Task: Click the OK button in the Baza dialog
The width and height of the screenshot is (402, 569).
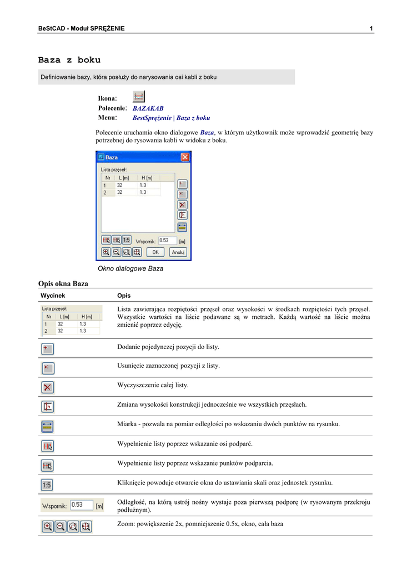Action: (155, 252)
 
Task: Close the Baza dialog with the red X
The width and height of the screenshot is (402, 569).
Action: (185, 158)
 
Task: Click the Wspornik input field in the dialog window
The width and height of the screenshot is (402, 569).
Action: (167, 241)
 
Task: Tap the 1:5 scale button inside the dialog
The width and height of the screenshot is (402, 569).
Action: (126, 240)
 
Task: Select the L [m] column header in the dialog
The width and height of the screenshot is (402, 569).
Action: (123, 178)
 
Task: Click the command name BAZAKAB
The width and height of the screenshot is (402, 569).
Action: (148, 108)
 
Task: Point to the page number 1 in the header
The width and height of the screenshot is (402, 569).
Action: (371, 28)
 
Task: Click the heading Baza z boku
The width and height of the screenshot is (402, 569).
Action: (69, 59)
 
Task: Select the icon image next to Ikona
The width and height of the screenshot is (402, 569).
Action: (139, 96)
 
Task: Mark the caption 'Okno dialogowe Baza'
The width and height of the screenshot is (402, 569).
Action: (130, 268)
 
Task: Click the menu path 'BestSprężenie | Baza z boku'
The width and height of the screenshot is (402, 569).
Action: (171, 118)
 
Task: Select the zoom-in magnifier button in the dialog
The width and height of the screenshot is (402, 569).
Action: (105, 252)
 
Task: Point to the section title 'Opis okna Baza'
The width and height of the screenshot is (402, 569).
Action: (63, 283)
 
